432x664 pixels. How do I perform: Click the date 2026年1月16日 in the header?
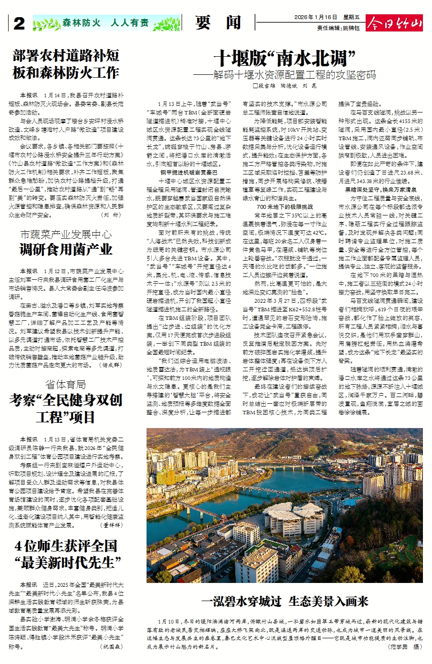coord(316,18)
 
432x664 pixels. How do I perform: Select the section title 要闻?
coord(218,22)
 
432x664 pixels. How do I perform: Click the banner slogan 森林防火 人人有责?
coord(105,23)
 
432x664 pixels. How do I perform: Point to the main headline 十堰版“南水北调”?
coord(284,59)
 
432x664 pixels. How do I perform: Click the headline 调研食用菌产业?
coord(66,249)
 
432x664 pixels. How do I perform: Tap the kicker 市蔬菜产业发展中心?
coord(66,235)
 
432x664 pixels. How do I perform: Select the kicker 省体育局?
coord(66,384)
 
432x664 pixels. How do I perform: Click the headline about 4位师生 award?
coord(66,554)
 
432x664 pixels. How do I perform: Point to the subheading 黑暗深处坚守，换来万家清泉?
coord(380,189)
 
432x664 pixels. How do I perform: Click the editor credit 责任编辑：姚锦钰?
coord(338,28)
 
